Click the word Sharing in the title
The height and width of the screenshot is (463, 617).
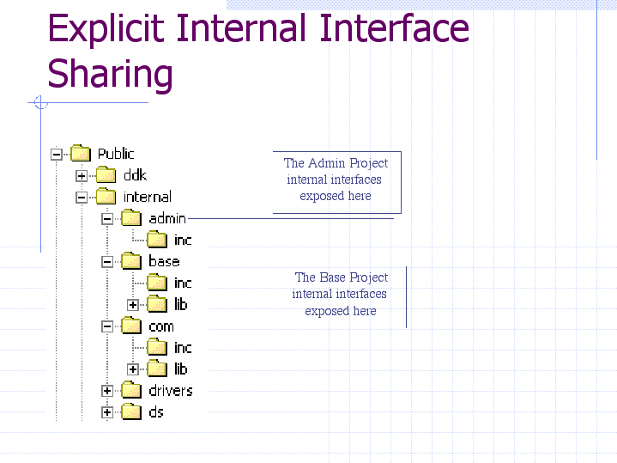[x=110, y=74]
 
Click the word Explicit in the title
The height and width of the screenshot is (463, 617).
[x=106, y=28]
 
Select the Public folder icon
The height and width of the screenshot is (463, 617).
[x=81, y=153]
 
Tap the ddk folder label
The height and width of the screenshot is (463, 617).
[x=135, y=175]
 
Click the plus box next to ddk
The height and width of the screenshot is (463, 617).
[x=82, y=176]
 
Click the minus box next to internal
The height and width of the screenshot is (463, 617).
[x=82, y=197]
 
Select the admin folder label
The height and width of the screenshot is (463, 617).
[x=167, y=218]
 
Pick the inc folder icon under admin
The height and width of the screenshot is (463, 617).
[x=157, y=239]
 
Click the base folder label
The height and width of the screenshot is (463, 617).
[x=164, y=261]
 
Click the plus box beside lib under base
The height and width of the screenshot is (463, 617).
[x=133, y=305]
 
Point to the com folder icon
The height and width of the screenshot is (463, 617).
[x=131, y=326]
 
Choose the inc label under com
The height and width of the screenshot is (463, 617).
[x=183, y=348]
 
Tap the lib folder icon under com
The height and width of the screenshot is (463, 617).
[x=157, y=369]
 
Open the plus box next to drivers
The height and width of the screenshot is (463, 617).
[x=107, y=391]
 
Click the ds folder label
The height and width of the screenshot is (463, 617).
[x=156, y=412]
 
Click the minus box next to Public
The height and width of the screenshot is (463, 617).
[x=57, y=154]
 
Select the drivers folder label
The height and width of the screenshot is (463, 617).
[x=171, y=391]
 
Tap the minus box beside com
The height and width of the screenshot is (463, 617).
[x=107, y=326]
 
